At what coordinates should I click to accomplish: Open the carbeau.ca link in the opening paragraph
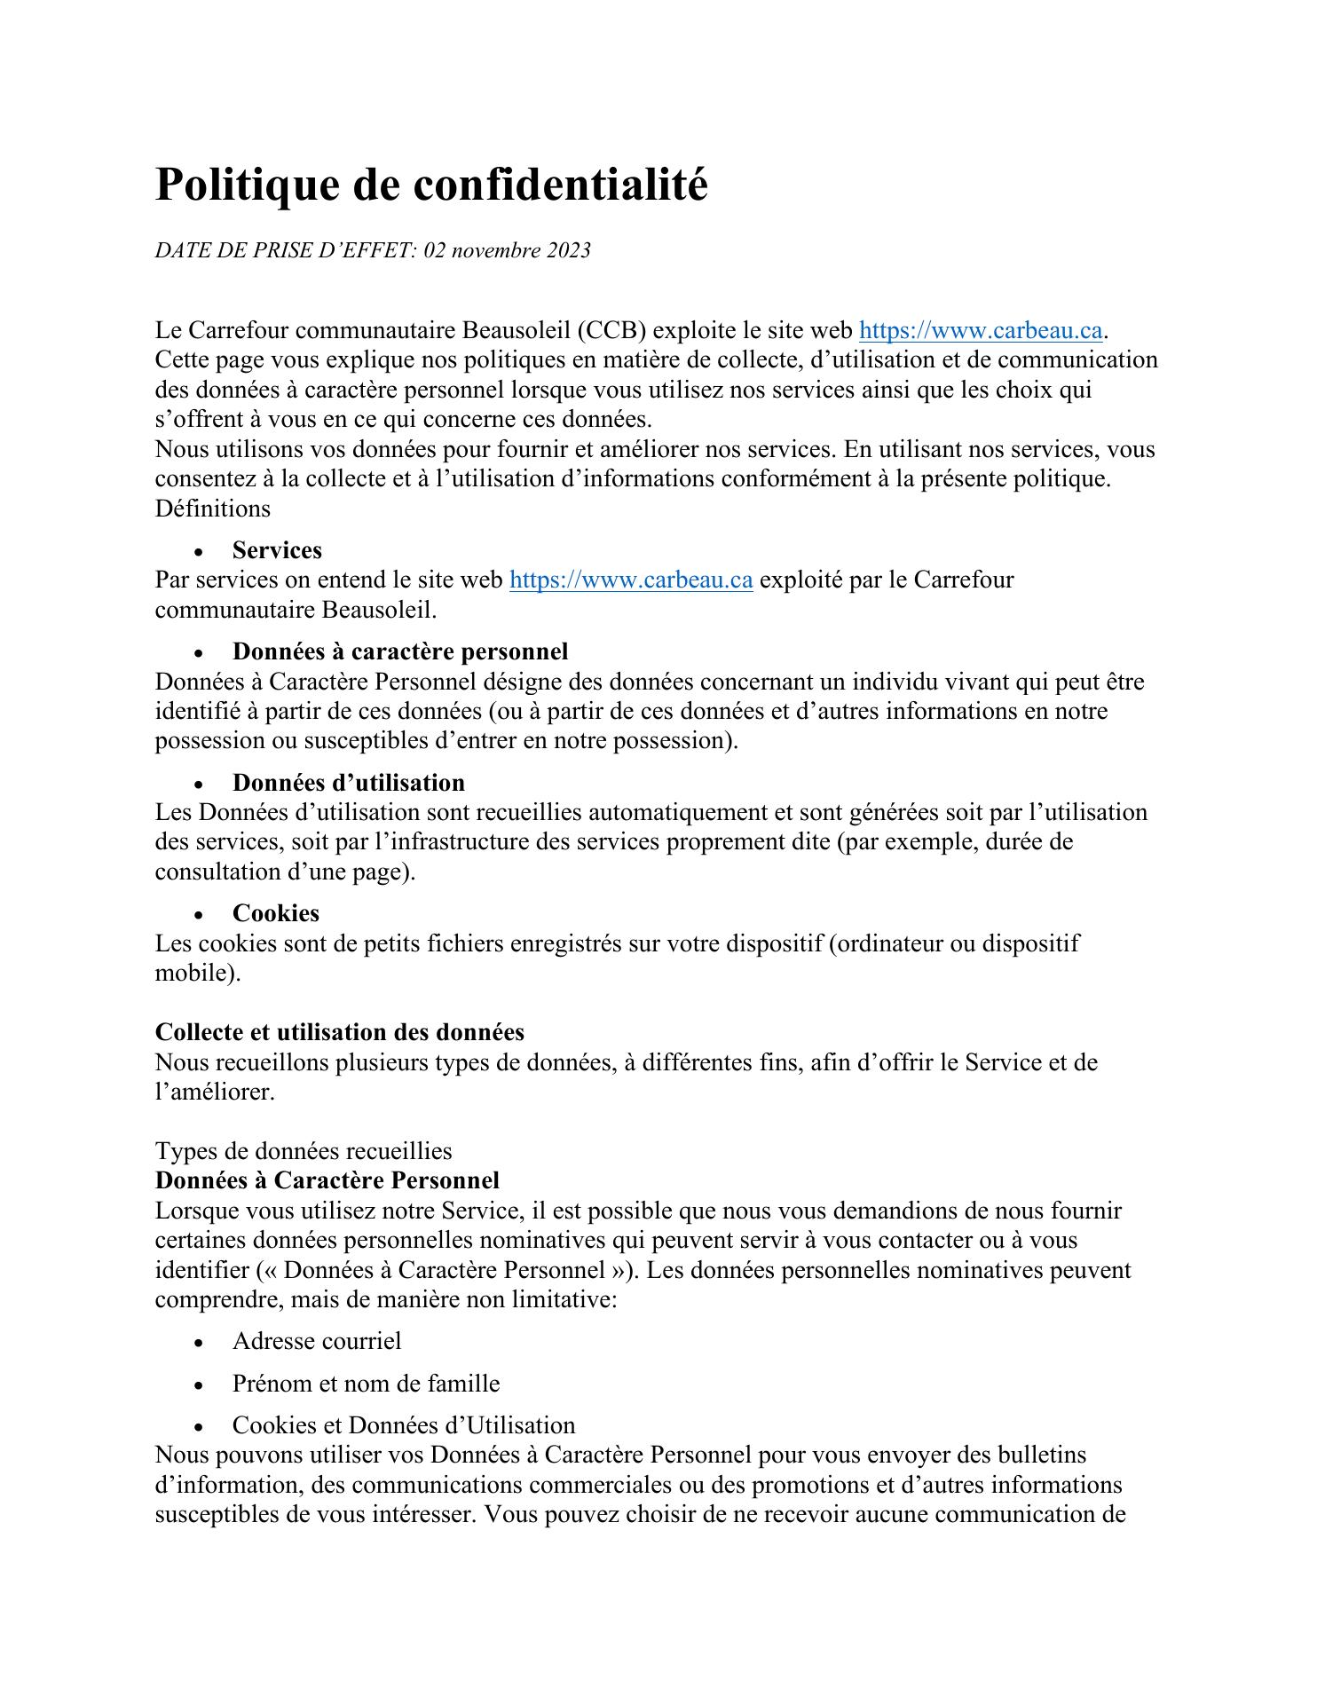pyautogui.click(x=981, y=330)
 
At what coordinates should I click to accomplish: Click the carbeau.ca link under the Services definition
pyautogui.click(x=631, y=580)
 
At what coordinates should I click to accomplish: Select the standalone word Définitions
pyautogui.click(x=213, y=509)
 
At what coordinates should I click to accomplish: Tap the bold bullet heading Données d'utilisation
pyautogui.click(x=348, y=782)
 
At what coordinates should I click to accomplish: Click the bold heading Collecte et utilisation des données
pyautogui.click(x=339, y=1032)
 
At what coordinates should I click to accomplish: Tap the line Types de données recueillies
pyautogui.click(x=304, y=1151)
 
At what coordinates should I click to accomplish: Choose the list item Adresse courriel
pyautogui.click(x=317, y=1340)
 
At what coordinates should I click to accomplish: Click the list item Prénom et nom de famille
pyautogui.click(x=366, y=1383)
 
